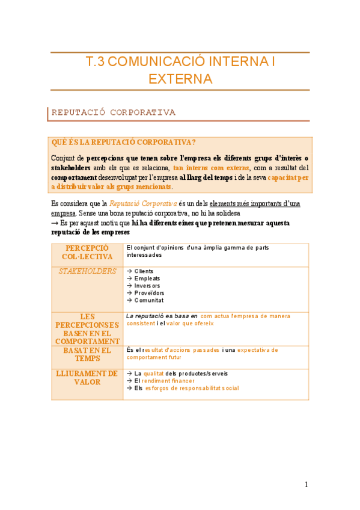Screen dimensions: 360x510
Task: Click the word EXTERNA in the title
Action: click(180, 79)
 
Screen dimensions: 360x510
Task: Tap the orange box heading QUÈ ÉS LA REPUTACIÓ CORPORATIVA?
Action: click(123, 143)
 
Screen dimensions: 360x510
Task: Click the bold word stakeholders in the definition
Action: click(71, 168)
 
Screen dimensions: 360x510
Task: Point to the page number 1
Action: click(306, 485)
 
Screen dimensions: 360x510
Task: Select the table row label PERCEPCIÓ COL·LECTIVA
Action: click(87, 253)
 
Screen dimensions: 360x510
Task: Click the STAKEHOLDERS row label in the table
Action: click(87, 271)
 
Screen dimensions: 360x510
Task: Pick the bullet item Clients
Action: click(146, 271)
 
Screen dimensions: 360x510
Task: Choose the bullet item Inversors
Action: click(147, 286)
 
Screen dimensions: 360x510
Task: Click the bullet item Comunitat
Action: click(149, 300)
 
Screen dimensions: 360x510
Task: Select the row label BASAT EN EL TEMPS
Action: click(87, 354)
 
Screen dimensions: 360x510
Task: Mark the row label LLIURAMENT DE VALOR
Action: click(87, 378)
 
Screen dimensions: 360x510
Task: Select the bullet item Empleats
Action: click(147, 278)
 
